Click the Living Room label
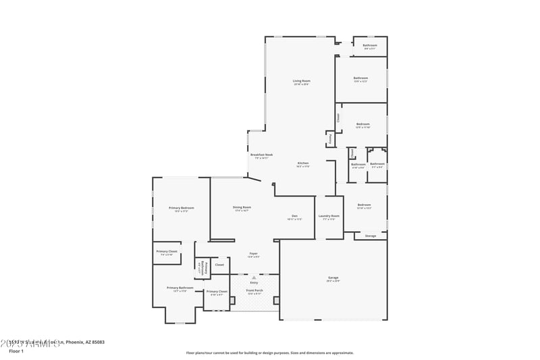point(301,81)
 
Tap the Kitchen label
point(303,163)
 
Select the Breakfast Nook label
point(261,155)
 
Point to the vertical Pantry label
point(330,139)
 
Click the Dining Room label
point(242,207)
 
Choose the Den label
point(294,215)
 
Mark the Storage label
point(371,236)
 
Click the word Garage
point(333,278)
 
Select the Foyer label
point(253,253)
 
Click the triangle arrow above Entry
point(254,276)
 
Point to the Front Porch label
point(254,290)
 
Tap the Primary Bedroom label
point(182,207)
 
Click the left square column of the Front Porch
point(231,299)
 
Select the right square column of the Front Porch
point(276,299)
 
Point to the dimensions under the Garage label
point(333,281)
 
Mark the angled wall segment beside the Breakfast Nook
point(254,180)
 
